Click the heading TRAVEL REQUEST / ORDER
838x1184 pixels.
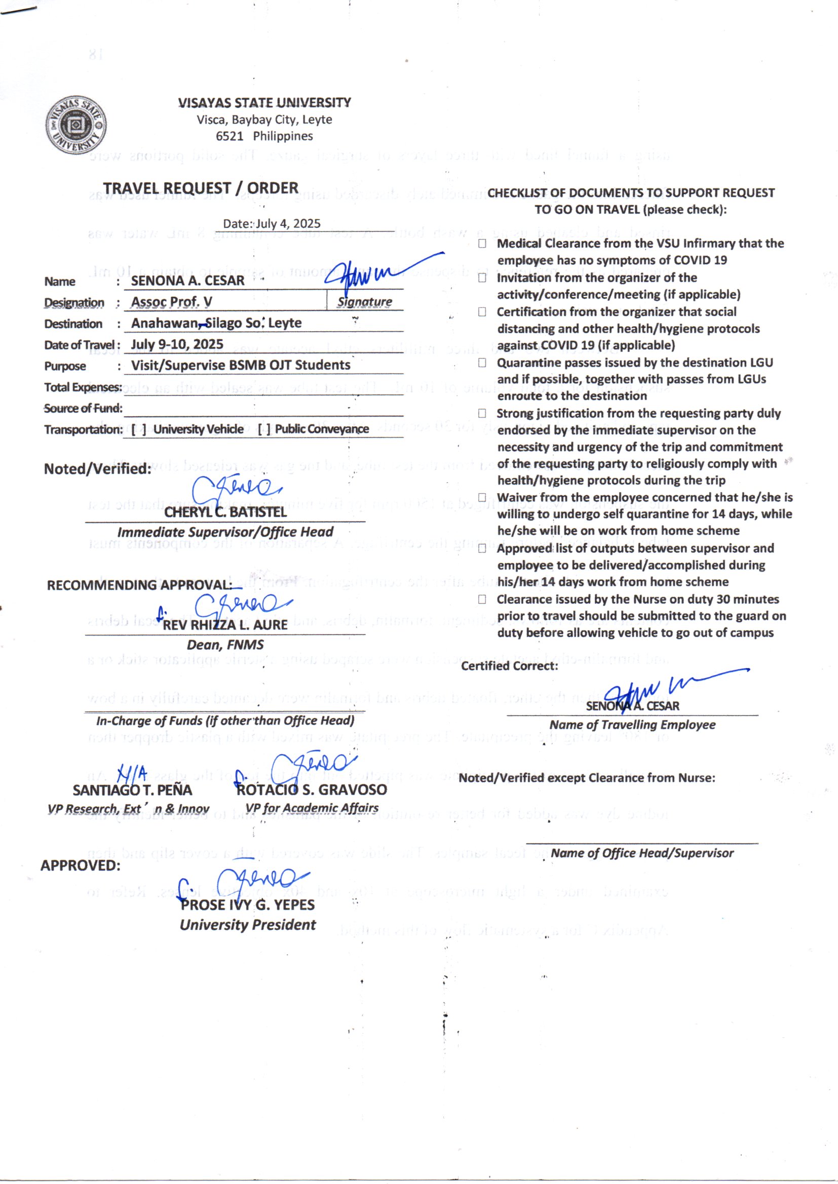point(200,188)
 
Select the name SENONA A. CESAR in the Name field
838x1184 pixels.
point(187,281)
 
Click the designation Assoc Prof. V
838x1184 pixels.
point(171,302)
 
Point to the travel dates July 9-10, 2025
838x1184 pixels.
point(177,344)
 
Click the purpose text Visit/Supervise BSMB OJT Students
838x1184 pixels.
point(241,365)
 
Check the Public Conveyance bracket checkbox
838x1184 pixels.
point(264,429)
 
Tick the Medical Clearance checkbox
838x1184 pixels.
point(482,244)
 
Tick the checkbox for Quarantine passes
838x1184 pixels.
point(482,363)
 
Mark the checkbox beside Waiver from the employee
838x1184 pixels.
point(482,498)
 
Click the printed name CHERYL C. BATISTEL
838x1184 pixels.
point(225,512)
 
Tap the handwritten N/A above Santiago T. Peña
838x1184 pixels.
point(132,773)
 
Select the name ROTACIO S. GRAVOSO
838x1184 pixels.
point(311,790)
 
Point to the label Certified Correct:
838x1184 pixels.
point(509,666)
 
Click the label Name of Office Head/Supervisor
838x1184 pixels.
point(642,853)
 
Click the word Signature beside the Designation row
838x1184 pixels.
point(364,302)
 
